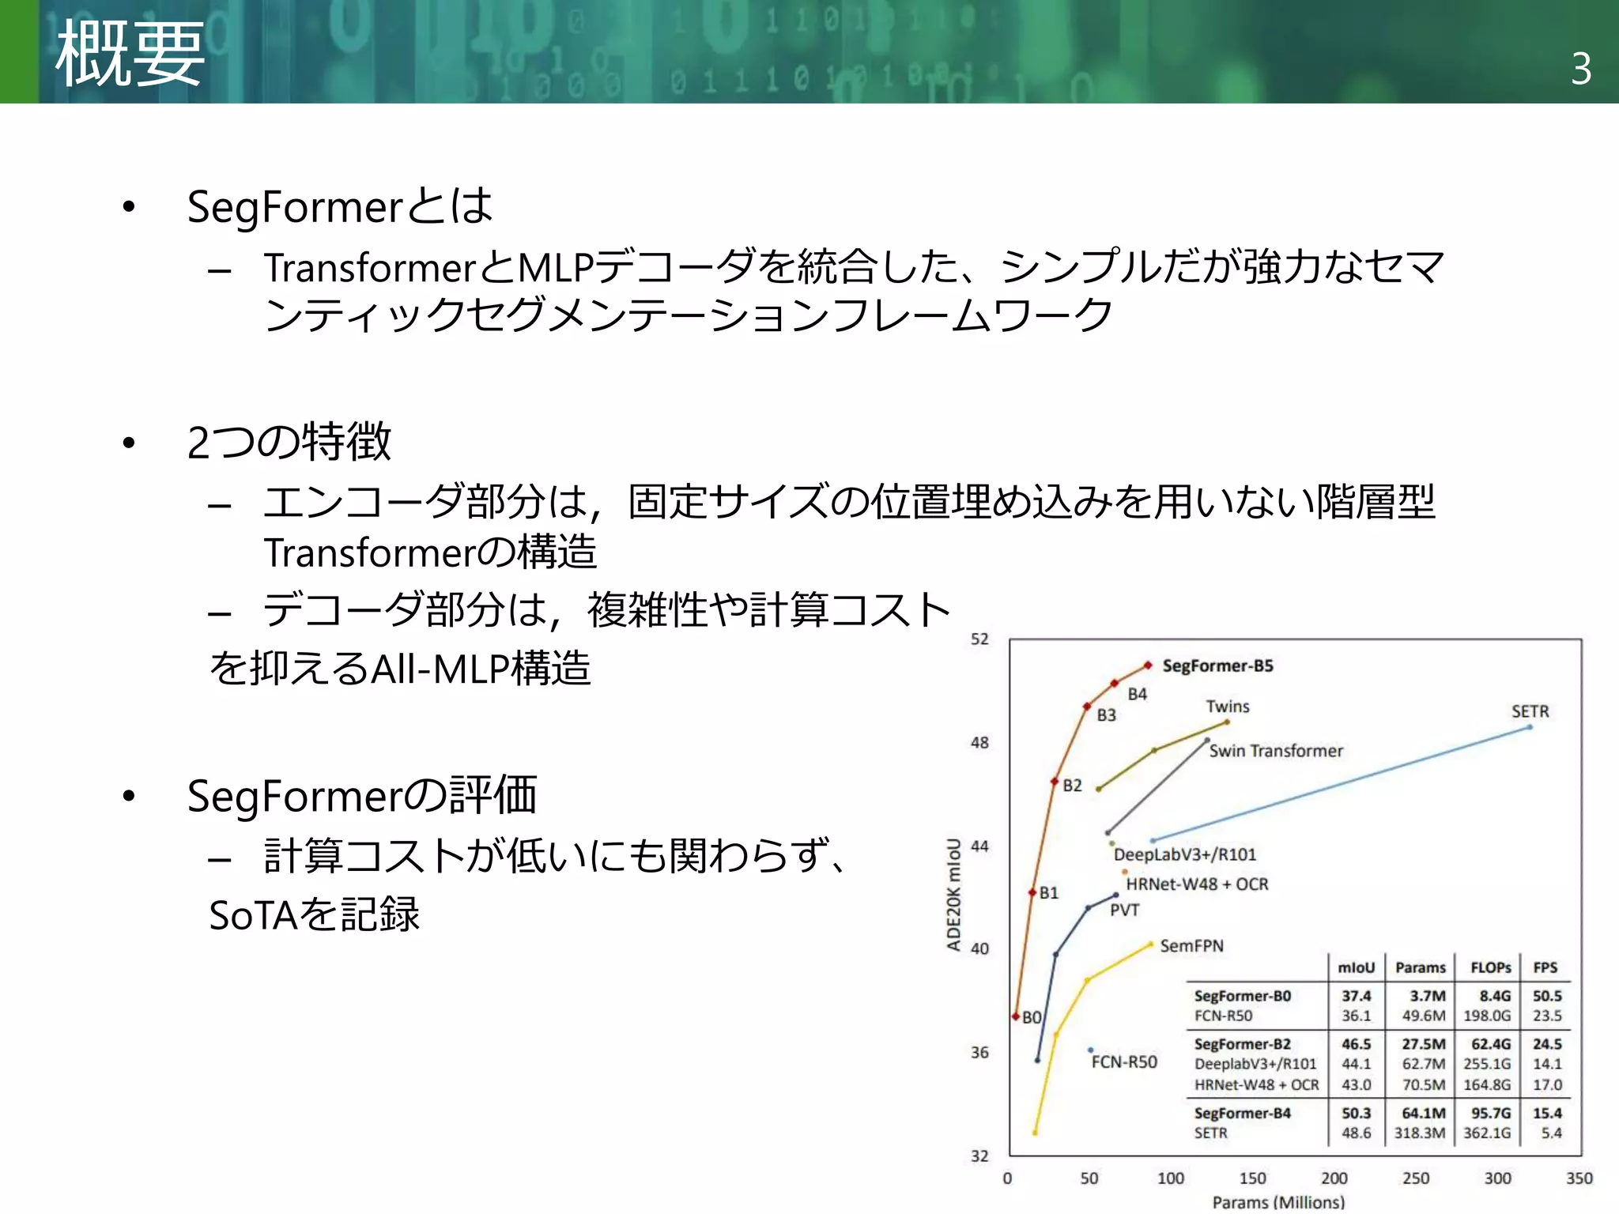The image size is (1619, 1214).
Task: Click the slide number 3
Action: tap(1581, 69)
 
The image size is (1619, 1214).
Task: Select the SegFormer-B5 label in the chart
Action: tap(1217, 665)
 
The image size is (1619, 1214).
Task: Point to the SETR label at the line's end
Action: tap(1530, 711)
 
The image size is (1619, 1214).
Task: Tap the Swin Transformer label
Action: tap(1275, 751)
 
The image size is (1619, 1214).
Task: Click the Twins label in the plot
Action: tap(1227, 707)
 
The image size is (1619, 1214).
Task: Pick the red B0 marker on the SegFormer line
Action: tap(1016, 1016)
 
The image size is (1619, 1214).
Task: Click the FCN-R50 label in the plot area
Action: tap(1124, 1062)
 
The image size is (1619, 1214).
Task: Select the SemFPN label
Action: tap(1191, 946)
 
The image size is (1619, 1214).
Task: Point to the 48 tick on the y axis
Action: tap(979, 743)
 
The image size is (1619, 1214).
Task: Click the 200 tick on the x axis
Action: tap(1334, 1178)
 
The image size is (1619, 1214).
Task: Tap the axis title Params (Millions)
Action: tap(1277, 1202)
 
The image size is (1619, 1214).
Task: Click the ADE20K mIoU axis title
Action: tap(954, 895)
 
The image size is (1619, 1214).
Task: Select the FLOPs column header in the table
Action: tap(1490, 967)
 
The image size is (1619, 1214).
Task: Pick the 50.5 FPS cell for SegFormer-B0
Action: tap(1547, 996)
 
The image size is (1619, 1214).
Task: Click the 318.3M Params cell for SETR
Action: tap(1419, 1133)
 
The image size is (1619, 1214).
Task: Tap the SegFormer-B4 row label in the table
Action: tap(1242, 1113)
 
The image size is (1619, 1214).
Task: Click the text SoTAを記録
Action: tap(314, 915)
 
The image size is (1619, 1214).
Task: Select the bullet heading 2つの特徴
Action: tap(289, 442)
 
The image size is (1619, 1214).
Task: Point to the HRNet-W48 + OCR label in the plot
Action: tap(1197, 884)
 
